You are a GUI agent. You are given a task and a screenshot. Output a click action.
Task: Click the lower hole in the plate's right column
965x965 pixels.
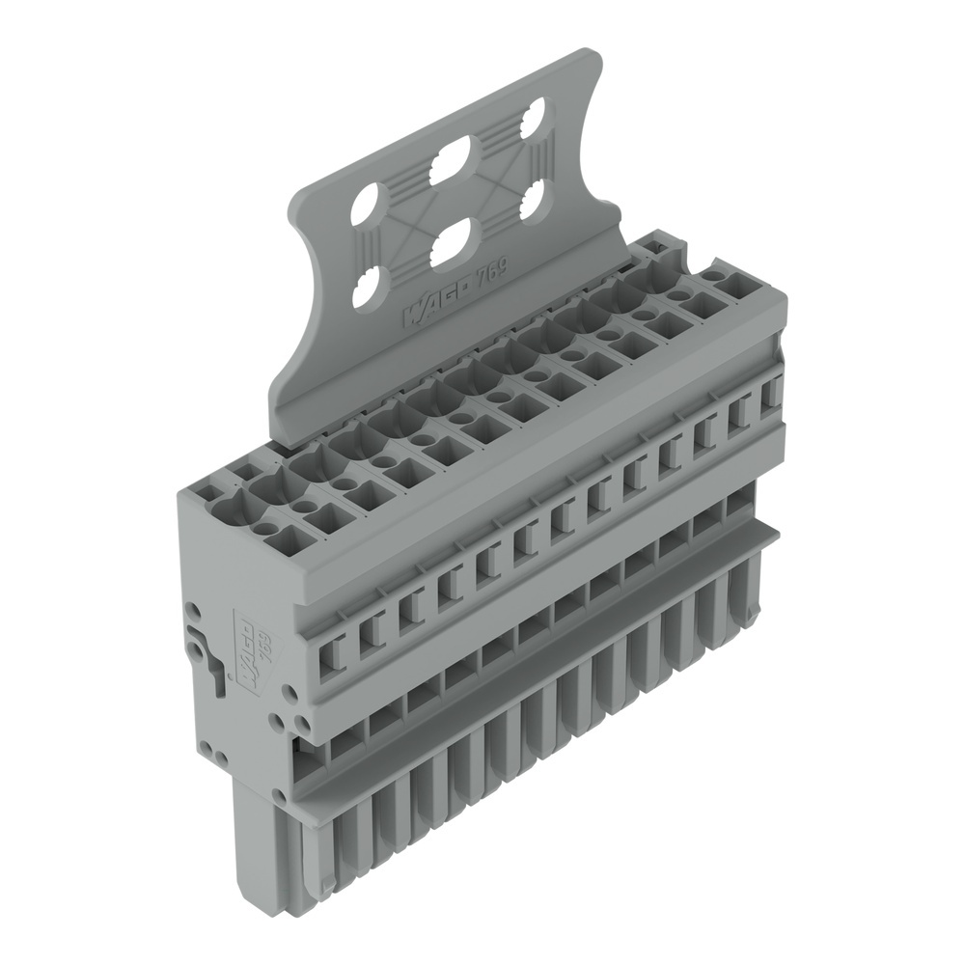(x=534, y=203)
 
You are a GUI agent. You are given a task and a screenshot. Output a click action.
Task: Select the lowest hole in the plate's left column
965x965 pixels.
(x=368, y=289)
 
